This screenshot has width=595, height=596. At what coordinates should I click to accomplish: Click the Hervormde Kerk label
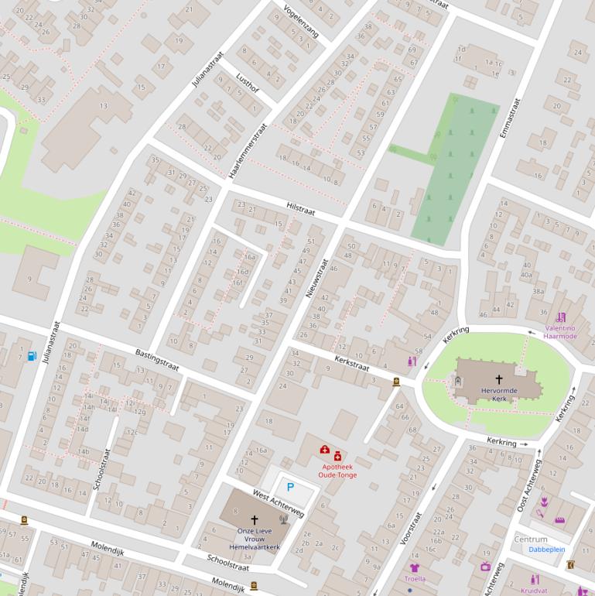498,395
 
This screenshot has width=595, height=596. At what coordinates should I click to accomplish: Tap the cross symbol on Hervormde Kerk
498,379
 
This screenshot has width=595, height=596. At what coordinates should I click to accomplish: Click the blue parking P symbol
290,488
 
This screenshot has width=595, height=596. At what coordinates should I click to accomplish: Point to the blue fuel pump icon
31,355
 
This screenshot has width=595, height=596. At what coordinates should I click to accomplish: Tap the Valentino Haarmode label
560,332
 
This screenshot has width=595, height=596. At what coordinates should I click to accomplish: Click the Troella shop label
415,578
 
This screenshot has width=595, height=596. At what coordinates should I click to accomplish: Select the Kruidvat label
533,591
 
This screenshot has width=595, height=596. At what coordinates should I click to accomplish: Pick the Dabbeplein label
547,549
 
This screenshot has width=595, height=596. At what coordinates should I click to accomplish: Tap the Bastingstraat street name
157,360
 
